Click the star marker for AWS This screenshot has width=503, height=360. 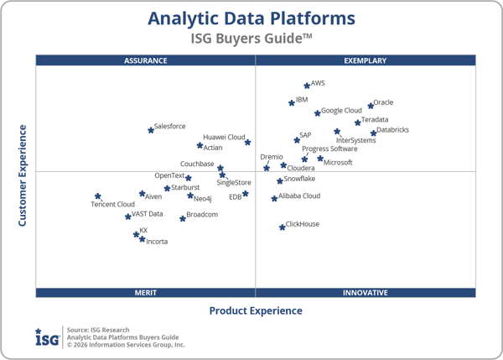pos(307,86)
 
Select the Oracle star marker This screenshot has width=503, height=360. pos(371,106)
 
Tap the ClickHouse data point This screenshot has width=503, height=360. pos(283,227)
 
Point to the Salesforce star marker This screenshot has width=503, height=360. pos(151,130)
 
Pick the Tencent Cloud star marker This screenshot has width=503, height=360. pos(98,196)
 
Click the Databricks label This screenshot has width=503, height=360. pos(392,130)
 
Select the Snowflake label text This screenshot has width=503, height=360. pos(299,179)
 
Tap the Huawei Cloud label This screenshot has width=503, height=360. pos(224,138)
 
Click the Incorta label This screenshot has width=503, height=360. pos(157,242)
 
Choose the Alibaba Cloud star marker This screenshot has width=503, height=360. pos(274,199)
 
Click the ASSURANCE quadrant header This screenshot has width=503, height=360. pos(146,60)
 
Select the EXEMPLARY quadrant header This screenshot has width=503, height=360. pos(366,60)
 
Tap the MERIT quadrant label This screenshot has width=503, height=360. pos(146,292)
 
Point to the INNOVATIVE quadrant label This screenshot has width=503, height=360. pos(366,292)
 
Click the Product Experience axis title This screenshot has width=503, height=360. pos(256,310)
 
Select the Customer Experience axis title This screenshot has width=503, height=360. pos(23,175)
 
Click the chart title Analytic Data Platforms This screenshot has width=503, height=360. pos(251,18)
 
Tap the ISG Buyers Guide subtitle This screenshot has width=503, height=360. pos(251,38)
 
